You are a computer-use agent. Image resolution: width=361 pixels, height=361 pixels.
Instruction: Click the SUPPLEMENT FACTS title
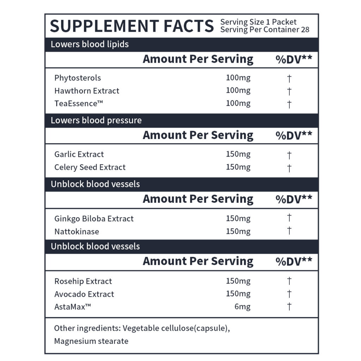(x=131, y=26)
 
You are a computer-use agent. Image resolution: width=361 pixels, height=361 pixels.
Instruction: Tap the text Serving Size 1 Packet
(x=258, y=22)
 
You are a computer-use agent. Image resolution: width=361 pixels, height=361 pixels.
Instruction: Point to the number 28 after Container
(x=305, y=30)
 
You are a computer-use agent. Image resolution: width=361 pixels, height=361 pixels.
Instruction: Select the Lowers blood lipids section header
(x=90, y=44)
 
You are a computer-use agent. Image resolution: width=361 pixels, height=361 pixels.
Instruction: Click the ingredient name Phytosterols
(x=78, y=78)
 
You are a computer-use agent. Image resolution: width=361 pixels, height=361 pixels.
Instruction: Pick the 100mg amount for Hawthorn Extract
(x=238, y=91)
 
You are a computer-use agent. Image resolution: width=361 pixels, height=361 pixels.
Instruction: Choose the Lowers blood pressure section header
(x=96, y=120)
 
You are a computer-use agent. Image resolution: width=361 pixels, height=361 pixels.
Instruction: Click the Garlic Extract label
(x=79, y=154)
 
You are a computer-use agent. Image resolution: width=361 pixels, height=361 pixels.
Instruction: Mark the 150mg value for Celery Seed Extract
(x=238, y=167)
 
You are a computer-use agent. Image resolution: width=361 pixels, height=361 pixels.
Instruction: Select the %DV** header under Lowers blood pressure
(x=294, y=135)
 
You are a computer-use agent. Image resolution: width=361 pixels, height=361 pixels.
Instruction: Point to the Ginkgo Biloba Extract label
(x=94, y=219)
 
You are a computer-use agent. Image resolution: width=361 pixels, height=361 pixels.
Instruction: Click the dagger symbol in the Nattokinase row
(x=289, y=231)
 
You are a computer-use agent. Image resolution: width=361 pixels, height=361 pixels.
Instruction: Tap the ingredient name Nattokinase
(x=77, y=232)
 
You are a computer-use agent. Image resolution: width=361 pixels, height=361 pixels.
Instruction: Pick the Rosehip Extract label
(x=83, y=281)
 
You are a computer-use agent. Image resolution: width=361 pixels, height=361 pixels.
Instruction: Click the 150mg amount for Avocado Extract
(x=238, y=294)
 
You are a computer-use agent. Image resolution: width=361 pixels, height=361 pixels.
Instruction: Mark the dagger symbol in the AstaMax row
(x=289, y=307)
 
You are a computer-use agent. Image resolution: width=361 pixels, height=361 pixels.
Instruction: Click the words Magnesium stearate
(x=91, y=341)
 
